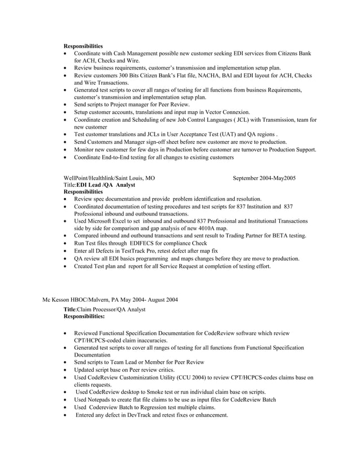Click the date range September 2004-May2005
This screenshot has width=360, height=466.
point(264,178)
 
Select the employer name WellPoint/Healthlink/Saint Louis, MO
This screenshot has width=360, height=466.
point(109,178)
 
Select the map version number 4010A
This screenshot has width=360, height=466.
point(207,228)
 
